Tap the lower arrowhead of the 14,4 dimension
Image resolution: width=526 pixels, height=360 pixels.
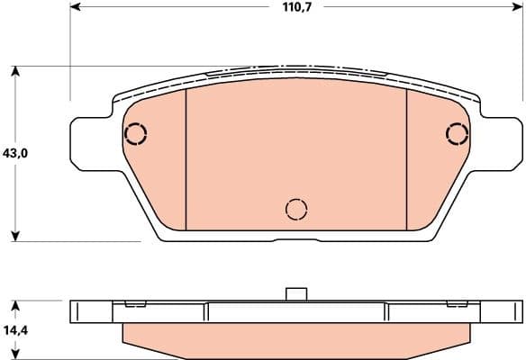[x=15, y=355]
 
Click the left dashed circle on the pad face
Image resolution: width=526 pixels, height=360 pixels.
[x=135, y=134]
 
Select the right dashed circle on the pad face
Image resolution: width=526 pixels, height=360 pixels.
[x=458, y=134]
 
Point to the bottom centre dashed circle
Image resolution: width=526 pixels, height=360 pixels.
[x=295, y=210]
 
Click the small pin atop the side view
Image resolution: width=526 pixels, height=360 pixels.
[x=295, y=293]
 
